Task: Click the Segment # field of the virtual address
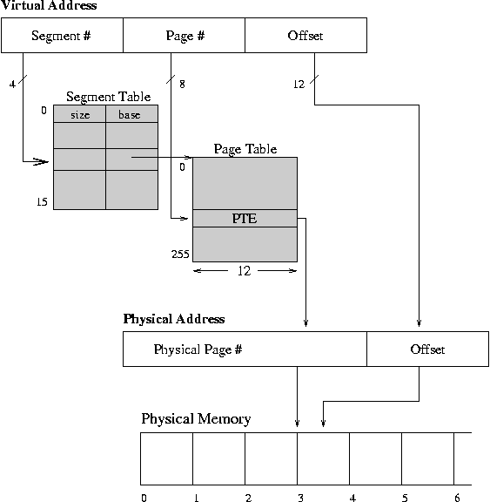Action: [62, 35]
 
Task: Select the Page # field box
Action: [185, 35]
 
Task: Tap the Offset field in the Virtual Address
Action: [305, 35]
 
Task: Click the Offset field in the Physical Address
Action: [427, 349]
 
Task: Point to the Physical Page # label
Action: [198, 349]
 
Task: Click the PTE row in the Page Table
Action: [245, 219]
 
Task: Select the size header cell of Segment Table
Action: [79, 113]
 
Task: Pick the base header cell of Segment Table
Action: [131, 113]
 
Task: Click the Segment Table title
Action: [108, 97]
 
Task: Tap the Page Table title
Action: [245, 149]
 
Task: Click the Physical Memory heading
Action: [196, 418]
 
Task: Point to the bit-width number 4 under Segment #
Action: [12, 85]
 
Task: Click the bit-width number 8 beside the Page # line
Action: [182, 85]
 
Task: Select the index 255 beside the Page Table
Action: [180, 254]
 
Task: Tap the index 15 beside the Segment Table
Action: [42, 201]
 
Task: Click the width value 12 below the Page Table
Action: [244, 271]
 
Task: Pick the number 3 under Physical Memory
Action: [300, 498]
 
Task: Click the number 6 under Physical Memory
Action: [457, 498]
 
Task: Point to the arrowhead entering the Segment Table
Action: [41, 161]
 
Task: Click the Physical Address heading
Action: [174, 319]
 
